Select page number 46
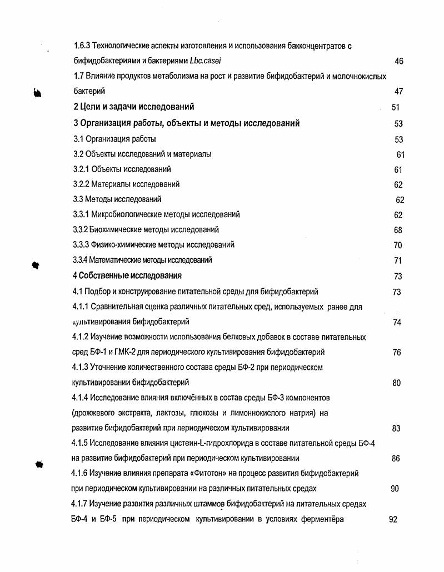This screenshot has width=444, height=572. coord(398,61)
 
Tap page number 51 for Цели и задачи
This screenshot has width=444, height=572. coord(395,107)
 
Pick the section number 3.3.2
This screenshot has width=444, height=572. coord(81,229)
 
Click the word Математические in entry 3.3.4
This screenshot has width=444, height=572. coord(114,260)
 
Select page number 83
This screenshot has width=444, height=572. coord(396,429)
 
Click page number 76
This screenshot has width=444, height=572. coord(396,353)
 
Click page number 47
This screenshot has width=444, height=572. coord(398,91)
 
